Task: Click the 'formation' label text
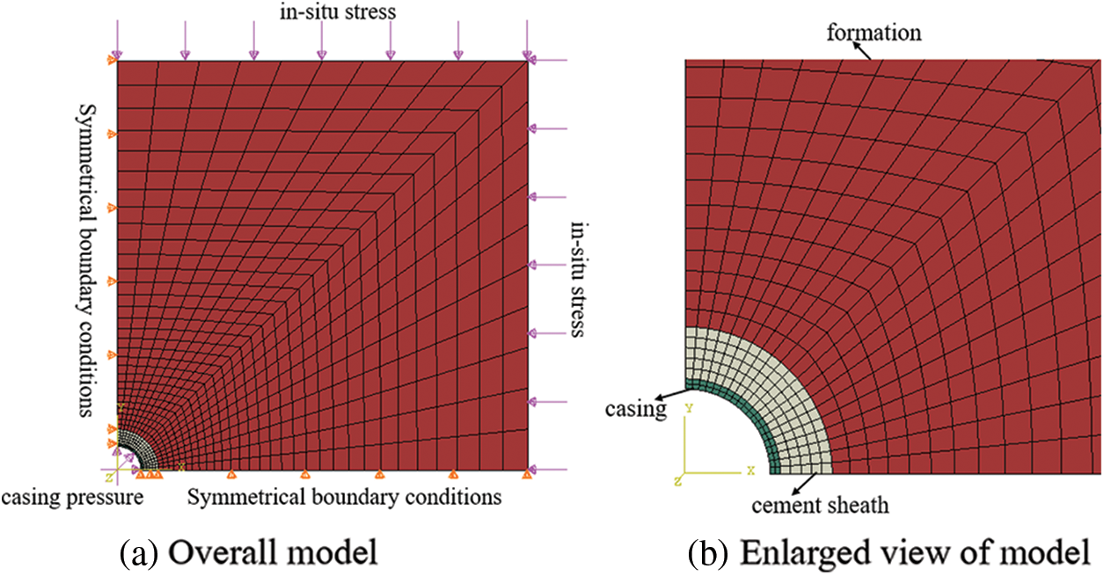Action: coord(874,33)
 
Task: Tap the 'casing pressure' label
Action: coord(72,499)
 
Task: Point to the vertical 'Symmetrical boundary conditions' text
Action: coord(88,259)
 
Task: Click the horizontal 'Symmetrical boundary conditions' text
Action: coord(344,497)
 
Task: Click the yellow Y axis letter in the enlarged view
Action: coord(691,409)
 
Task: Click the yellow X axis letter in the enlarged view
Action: coord(750,470)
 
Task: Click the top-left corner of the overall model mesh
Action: coord(117,61)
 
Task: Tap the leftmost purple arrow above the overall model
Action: coord(116,39)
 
